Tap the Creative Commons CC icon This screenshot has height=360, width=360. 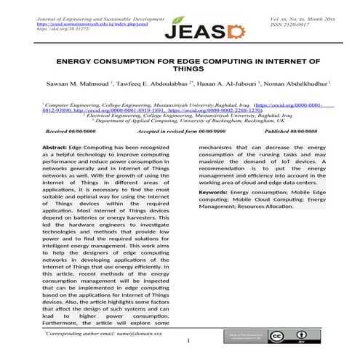point(276,337)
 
